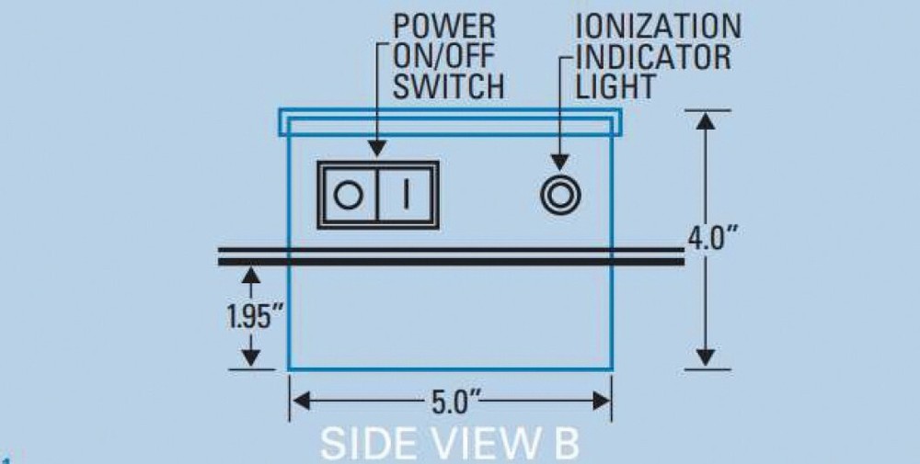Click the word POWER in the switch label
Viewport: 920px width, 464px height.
coord(444,27)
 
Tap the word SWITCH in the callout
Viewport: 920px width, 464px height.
coord(448,85)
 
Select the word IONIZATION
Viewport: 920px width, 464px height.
coord(659,27)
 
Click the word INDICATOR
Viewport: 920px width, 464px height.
coord(653,56)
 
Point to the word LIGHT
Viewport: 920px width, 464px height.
coord(615,85)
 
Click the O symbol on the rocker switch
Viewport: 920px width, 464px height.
coord(348,195)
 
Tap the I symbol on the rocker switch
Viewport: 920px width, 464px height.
coord(406,195)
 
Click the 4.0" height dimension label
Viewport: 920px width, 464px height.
coord(713,238)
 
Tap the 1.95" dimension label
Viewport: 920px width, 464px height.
coord(254,316)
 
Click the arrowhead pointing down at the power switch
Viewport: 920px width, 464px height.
coord(378,148)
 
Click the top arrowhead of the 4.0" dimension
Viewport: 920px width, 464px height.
coord(706,120)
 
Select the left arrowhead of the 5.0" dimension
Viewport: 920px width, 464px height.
coord(301,402)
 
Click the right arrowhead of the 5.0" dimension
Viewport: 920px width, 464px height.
coord(602,402)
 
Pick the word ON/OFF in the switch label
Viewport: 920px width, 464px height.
coord(443,56)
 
